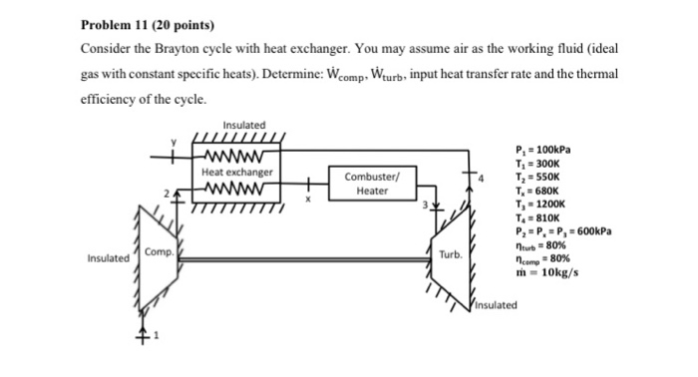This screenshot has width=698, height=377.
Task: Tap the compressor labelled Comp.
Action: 158,253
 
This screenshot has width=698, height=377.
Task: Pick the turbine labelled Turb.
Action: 450,254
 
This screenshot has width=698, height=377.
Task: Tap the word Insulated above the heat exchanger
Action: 244,126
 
